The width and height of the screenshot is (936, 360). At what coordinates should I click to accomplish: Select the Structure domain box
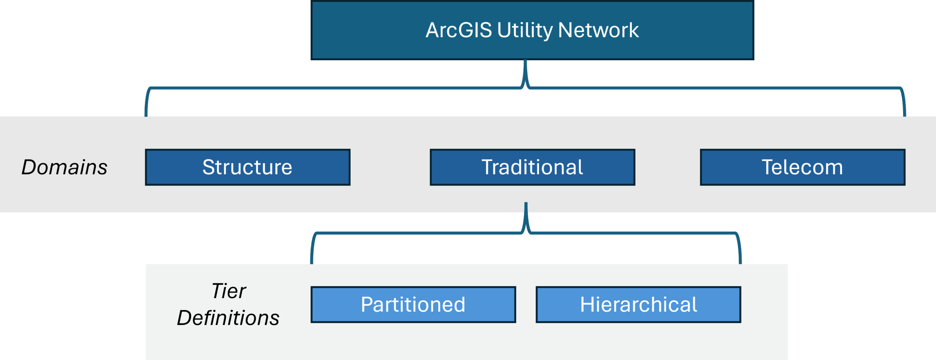coord(248,167)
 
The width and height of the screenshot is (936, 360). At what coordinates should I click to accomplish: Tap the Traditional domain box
coord(532,167)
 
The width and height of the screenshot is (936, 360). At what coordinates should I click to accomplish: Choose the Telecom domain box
coord(803,167)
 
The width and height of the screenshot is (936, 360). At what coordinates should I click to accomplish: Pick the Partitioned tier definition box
coord(413,304)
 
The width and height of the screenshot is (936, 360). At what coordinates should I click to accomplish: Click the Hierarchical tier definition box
coord(638,304)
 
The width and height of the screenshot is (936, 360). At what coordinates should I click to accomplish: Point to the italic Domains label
coord(64,167)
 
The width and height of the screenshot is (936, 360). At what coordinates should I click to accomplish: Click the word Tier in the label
coord(229,291)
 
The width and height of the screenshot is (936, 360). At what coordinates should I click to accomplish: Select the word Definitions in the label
coord(228,318)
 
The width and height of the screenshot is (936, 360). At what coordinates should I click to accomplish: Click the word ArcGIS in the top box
coord(458,30)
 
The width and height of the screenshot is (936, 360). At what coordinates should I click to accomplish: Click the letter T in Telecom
coord(768,167)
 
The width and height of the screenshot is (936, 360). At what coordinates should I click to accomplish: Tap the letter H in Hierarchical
coord(587,304)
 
